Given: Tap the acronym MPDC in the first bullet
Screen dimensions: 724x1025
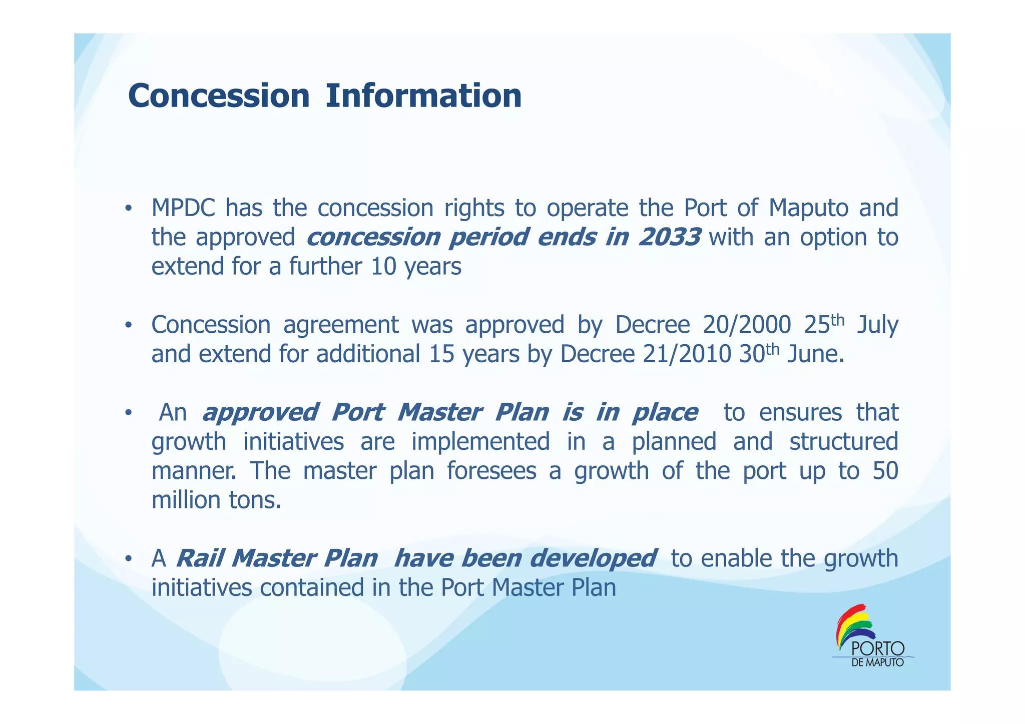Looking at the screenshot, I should pyautogui.click(x=183, y=208).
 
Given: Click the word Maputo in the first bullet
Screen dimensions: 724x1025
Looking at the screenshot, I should pyautogui.click(x=808, y=208).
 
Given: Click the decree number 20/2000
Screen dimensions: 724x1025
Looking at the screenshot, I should pyautogui.click(x=747, y=325).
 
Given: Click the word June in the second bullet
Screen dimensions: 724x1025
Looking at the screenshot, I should pyautogui.click(x=815, y=354).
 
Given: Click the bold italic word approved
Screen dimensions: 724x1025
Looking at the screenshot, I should pyautogui.click(x=260, y=413).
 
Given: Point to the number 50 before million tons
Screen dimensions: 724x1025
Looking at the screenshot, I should pyautogui.click(x=885, y=471).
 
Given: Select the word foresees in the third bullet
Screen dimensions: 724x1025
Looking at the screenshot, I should pyautogui.click(x=491, y=471).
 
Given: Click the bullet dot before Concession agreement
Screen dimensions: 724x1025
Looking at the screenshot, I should pyautogui.click(x=129, y=326).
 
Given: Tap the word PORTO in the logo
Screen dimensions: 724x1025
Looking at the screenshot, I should pyautogui.click(x=877, y=649).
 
